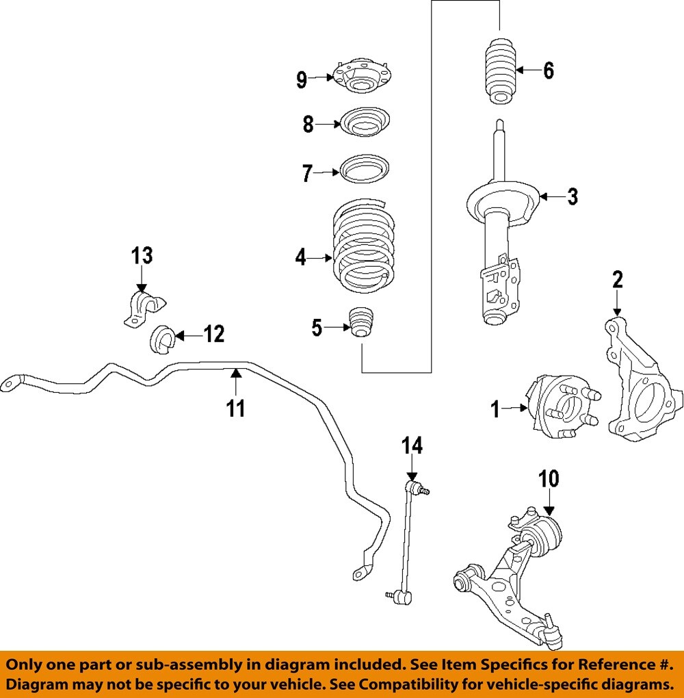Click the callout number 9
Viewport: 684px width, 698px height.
coord(302,79)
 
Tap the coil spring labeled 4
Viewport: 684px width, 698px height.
coord(364,245)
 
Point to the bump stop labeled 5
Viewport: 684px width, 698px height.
coord(361,322)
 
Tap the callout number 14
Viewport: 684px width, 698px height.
coord(412,445)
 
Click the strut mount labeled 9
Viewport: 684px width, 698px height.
coord(363,76)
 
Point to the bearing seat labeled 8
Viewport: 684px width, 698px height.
coord(365,122)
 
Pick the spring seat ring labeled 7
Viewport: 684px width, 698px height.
coord(365,169)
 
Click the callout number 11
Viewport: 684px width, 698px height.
coord(236,408)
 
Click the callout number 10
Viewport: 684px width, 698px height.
coord(549,479)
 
